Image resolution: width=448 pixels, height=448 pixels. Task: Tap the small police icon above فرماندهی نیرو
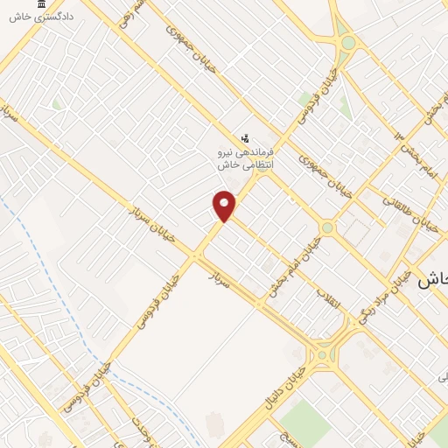tap(246, 138)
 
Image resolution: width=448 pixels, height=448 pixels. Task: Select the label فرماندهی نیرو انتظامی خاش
tap(246, 157)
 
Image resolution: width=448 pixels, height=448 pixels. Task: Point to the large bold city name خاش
tap(433, 279)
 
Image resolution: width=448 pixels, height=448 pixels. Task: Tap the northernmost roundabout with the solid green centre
tap(348, 42)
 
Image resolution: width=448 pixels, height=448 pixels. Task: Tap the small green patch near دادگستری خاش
tap(57, 103)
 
